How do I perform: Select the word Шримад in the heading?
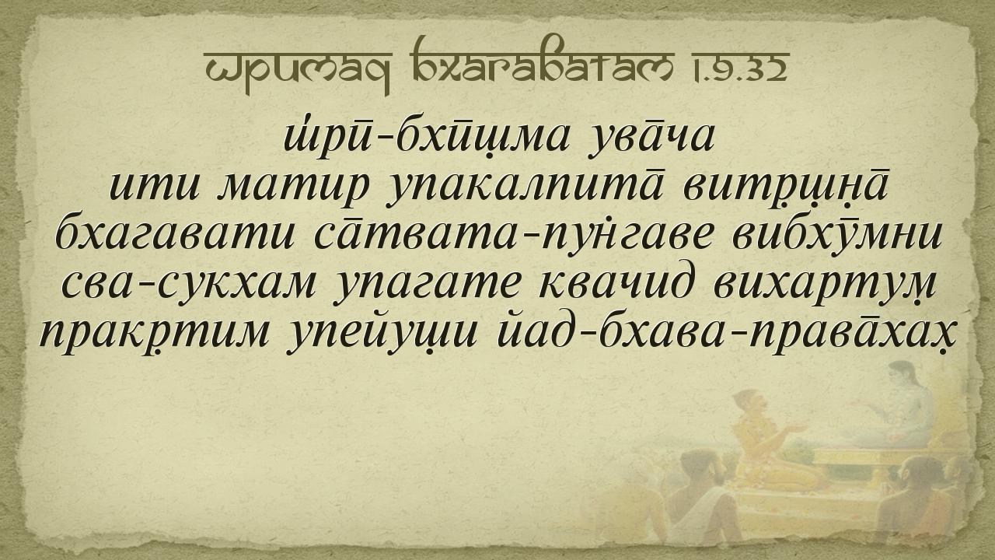[x=298, y=71]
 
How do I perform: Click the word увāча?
[x=651, y=139]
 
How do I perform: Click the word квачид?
[x=615, y=283]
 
